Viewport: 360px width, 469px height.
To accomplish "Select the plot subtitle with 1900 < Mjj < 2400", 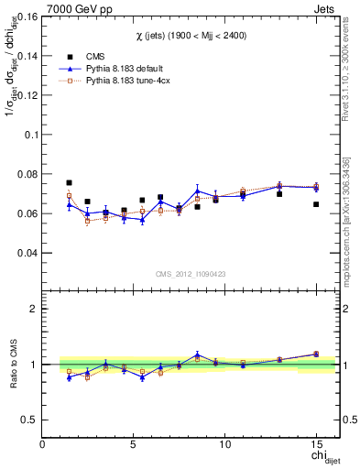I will (191, 34).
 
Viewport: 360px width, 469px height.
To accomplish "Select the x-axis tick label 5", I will (134, 444).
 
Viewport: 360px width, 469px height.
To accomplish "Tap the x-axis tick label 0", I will (43, 444).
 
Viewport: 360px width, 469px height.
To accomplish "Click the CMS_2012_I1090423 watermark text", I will (191, 274).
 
